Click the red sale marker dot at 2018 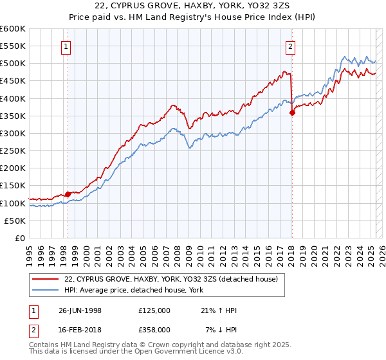(x=292, y=113)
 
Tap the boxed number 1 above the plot (x=67, y=46)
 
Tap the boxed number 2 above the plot (x=291, y=46)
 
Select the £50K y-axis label (x=15, y=221)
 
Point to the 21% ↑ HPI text (x=219, y=310)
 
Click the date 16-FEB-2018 (x=79, y=330)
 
